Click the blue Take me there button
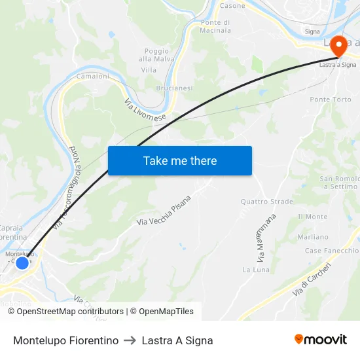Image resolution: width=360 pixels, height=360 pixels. pos(180,160)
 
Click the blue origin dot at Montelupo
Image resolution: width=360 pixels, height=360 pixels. pos(22,262)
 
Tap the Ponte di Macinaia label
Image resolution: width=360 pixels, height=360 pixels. pos(215,26)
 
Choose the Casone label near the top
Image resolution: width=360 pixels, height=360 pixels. pos(232,6)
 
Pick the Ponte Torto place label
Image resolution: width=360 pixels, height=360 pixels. pos(331,99)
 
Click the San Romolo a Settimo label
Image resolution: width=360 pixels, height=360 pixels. pos(338,183)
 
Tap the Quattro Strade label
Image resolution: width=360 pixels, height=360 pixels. pos(267,202)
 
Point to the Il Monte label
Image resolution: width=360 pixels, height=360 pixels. pos(312,217)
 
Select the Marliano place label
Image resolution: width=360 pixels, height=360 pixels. pos(312,237)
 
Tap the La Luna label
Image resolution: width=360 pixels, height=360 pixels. pos(256,270)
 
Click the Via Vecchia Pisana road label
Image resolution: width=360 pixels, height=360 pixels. pos(164,210)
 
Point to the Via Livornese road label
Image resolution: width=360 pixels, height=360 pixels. pos(145,112)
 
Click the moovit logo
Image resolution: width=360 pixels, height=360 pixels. pos(321,339)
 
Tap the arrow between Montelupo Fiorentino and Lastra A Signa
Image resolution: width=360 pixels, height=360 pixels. pos(130,340)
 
